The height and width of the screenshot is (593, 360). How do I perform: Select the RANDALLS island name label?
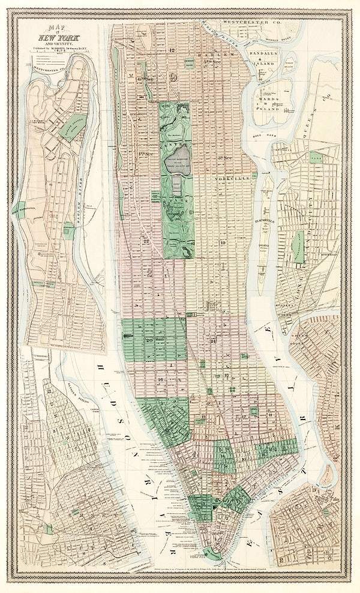(261, 53)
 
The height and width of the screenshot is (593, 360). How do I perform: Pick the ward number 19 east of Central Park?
(223, 242)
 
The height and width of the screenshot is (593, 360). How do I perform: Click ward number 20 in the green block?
(148, 339)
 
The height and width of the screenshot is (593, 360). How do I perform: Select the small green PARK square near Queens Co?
(316, 158)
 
